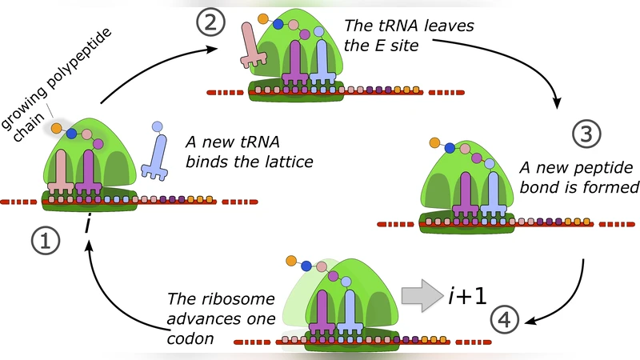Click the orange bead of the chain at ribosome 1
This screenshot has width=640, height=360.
click(57, 127)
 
